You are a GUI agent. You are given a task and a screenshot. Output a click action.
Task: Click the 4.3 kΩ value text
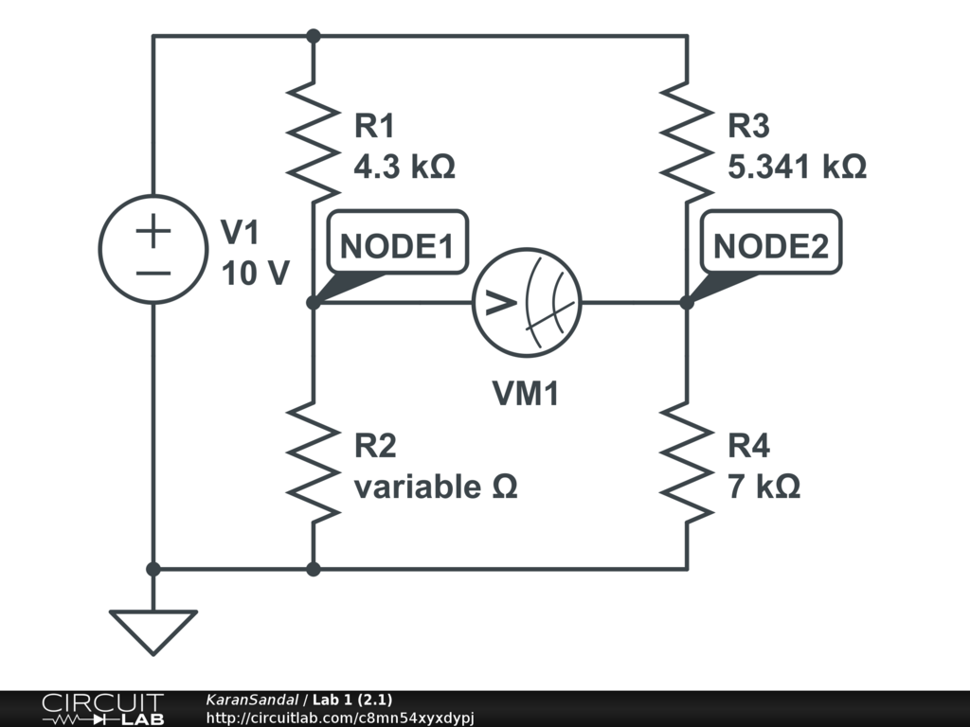404,167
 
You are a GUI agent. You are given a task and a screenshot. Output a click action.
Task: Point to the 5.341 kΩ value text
797,167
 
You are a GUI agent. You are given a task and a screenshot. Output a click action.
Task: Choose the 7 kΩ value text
764,487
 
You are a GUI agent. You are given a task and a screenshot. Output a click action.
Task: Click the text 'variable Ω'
436,487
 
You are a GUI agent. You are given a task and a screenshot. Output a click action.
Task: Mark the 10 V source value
256,274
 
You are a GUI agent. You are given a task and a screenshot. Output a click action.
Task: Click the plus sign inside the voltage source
153,231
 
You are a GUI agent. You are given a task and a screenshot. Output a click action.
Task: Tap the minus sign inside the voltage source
153,273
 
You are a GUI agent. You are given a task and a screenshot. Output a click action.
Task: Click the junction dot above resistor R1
314,36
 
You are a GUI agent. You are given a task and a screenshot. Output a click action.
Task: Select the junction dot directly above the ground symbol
153,569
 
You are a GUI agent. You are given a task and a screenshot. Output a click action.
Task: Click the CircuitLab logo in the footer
103,709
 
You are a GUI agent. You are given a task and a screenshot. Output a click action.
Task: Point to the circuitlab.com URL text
340,718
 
